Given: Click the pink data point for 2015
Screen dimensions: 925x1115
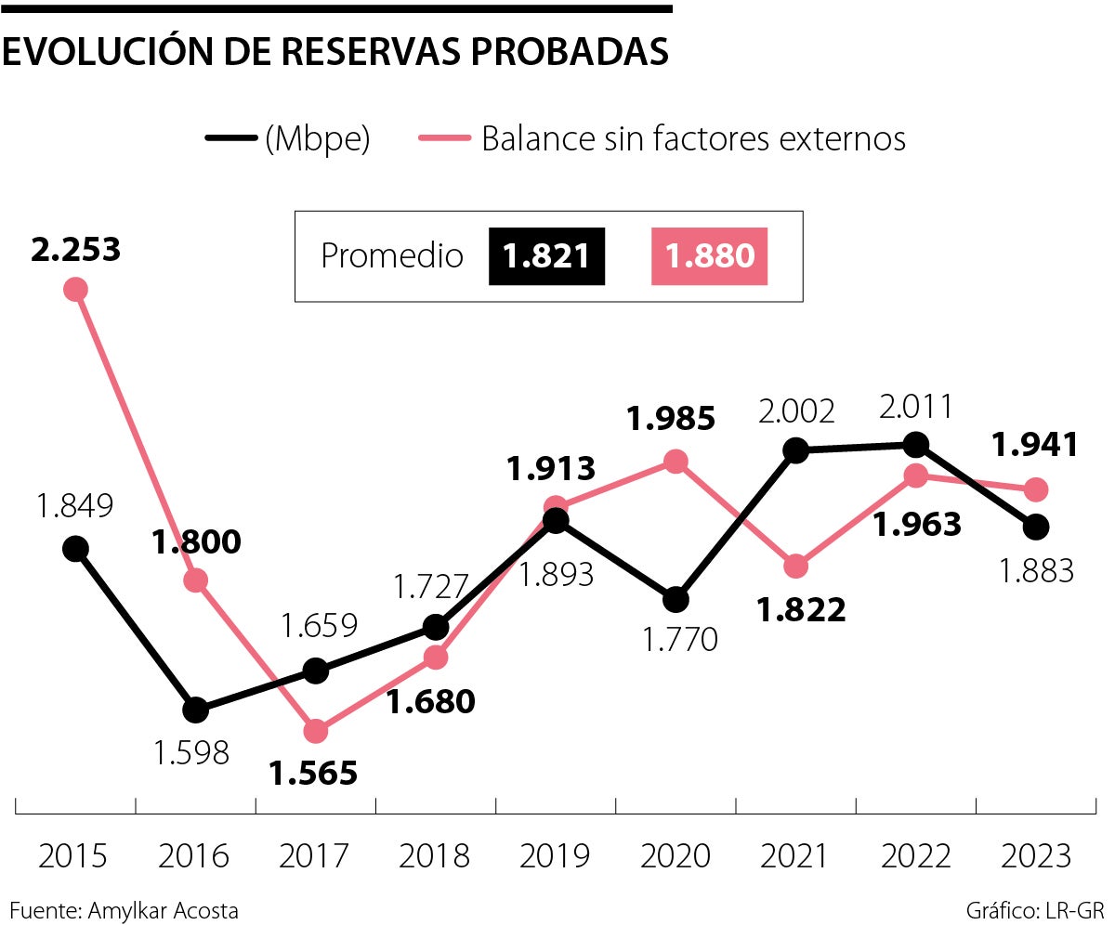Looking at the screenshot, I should [x=75, y=290].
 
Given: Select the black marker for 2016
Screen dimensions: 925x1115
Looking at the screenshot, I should [x=195, y=710].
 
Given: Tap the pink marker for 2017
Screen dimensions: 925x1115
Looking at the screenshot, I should [x=316, y=732].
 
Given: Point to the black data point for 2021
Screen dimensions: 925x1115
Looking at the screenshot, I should [x=795, y=451].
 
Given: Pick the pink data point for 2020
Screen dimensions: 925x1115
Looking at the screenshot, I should [x=676, y=461].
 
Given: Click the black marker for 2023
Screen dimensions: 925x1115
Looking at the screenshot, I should [x=1036, y=527].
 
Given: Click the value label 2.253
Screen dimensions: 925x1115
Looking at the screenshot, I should [x=76, y=249].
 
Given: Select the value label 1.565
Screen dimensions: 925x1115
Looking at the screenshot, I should [x=313, y=773].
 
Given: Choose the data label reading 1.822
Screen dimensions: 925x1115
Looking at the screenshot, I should [x=801, y=609].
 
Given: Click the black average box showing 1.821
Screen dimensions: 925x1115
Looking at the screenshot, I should [x=546, y=255].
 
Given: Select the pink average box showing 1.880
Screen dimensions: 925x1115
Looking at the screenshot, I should [x=710, y=255].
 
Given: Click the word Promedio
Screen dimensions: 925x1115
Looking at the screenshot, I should [x=391, y=255].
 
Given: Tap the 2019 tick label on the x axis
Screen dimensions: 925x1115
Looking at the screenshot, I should [x=555, y=855].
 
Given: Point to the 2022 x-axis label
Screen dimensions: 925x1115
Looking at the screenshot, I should [x=915, y=855].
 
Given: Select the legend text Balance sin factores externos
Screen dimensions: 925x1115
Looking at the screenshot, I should [x=693, y=139].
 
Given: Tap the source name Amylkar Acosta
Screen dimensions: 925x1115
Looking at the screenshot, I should [x=163, y=910].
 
